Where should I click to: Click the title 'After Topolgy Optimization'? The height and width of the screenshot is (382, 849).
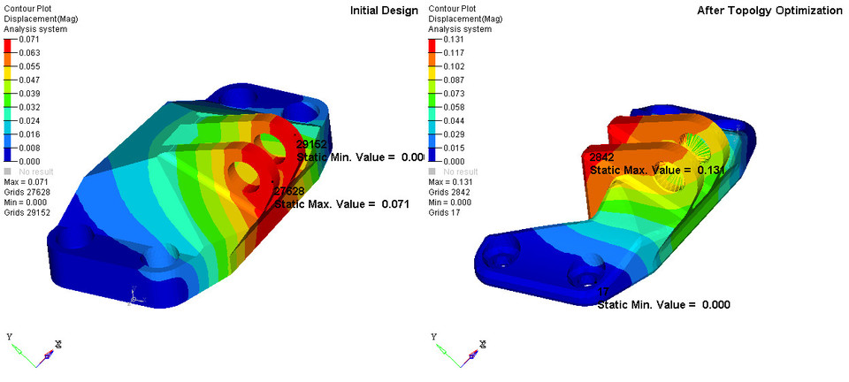click(x=769, y=11)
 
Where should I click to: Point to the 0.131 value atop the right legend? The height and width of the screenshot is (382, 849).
click(x=453, y=40)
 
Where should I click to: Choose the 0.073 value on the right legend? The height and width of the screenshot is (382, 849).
click(x=453, y=94)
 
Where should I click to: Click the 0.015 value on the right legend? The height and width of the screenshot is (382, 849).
click(x=453, y=148)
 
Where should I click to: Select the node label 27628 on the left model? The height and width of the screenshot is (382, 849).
click(x=289, y=191)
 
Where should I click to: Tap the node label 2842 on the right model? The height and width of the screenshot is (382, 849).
click(x=602, y=157)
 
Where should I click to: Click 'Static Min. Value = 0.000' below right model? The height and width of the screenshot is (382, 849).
click(x=663, y=305)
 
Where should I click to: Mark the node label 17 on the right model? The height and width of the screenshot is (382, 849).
click(x=603, y=293)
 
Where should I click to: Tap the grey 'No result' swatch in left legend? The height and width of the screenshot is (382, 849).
click(x=9, y=172)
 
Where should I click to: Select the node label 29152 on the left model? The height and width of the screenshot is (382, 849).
click(x=313, y=144)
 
